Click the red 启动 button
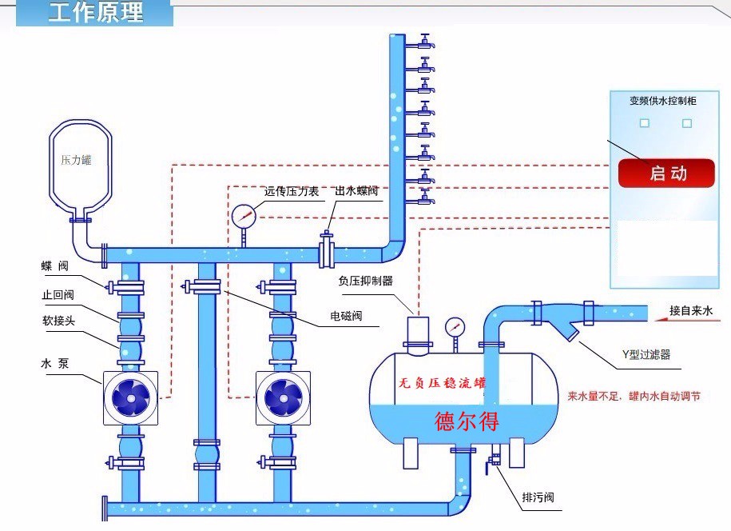coord(665,173)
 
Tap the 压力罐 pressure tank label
coord(76,160)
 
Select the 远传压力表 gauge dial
coord(244,215)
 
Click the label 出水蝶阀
coord(356,191)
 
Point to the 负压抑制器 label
coord(366,281)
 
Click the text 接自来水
coord(691,310)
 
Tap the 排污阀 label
coord(538,498)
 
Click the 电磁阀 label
coord(346,316)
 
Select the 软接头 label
coord(58,321)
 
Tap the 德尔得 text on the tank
coord(467,421)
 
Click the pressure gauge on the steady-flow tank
coord(455,326)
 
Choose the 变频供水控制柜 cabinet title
coord(664,101)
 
